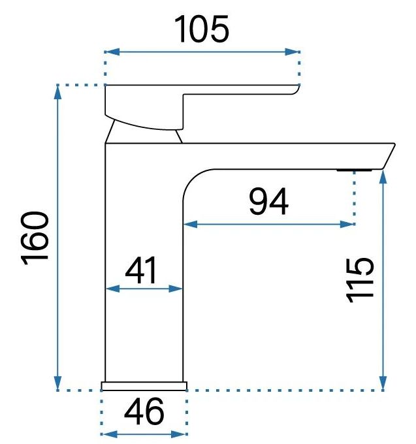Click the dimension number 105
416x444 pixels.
tap(201, 29)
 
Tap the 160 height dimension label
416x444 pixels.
tap(35, 238)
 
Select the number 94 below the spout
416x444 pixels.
tap(269, 202)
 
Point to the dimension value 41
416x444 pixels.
tap(141, 270)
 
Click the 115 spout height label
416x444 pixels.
tap(360, 279)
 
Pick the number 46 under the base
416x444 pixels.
tap(144, 411)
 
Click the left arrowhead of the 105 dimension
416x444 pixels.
tap(112, 52)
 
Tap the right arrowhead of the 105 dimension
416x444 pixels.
tap(293, 52)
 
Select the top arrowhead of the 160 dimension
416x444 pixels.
tap(57, 92)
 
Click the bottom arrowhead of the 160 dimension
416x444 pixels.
tap(57, 383)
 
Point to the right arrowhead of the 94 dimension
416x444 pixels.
tap(347, 224)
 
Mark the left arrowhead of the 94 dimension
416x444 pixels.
tap(191, 224)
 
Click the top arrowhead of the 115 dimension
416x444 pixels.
tap(383, 177)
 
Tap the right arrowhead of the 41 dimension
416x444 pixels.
tap(176, 289)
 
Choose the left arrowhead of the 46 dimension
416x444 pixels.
tap(109, 434)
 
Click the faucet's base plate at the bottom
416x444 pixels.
tap(144, 387)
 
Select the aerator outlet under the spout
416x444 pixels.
tap(354, 170)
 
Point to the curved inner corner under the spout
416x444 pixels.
tap(192, 178)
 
